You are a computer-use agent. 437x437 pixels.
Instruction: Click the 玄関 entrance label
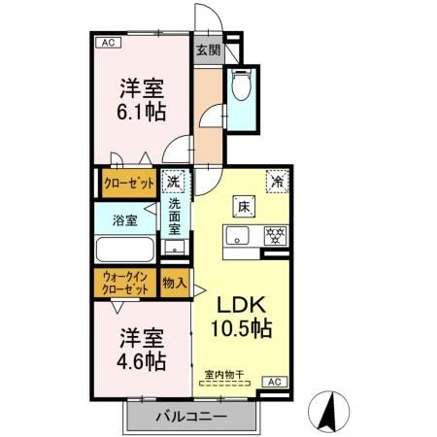207,50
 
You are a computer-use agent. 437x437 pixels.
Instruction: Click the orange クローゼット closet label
130,182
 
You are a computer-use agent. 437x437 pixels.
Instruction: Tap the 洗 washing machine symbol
174,182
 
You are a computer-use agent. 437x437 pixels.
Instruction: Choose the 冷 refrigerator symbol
277,181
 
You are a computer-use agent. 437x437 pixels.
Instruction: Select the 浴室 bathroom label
123,219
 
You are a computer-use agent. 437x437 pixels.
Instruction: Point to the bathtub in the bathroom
125,250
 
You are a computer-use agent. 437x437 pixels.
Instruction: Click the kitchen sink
238,237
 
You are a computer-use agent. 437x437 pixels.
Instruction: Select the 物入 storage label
174,284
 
